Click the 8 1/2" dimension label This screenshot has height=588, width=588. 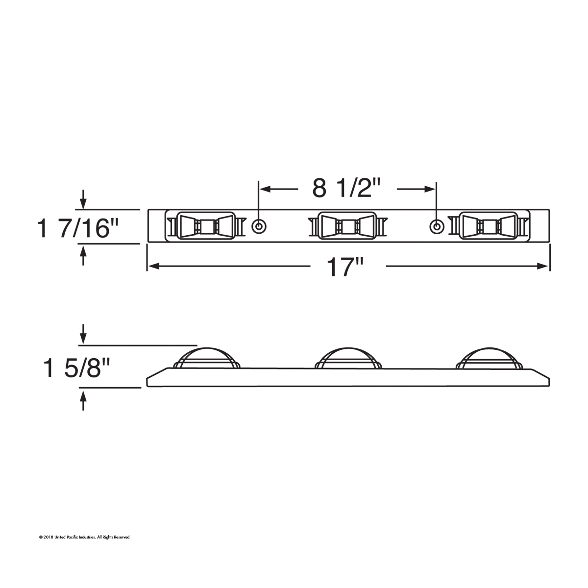347,188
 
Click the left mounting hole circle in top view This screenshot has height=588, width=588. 259,226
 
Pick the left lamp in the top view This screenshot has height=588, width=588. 204,226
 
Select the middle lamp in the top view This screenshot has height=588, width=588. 347,226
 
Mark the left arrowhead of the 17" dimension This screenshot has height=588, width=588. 152,266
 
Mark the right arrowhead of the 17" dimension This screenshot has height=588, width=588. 543,266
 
